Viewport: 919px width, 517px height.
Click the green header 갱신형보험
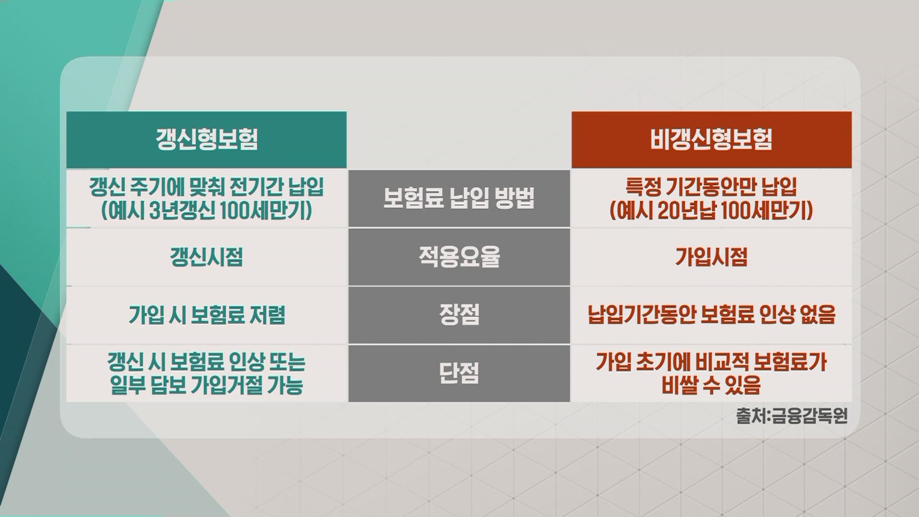(207, 139)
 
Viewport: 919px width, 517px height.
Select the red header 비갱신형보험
(711, 139)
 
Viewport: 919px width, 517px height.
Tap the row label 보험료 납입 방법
(459, 198)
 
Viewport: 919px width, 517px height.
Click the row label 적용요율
(459, 257)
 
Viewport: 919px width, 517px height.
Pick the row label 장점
(459, 315)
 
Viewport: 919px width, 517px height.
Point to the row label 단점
(459, 373)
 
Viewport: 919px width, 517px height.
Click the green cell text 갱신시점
(206, 257)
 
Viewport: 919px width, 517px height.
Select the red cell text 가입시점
(711, 257)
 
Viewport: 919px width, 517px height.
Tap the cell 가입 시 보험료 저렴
(207, 315)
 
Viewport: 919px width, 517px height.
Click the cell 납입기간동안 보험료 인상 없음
(712, 315)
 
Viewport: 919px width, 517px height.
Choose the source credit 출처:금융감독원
(792, 416)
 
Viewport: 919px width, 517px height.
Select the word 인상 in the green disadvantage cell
(246, 362)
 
